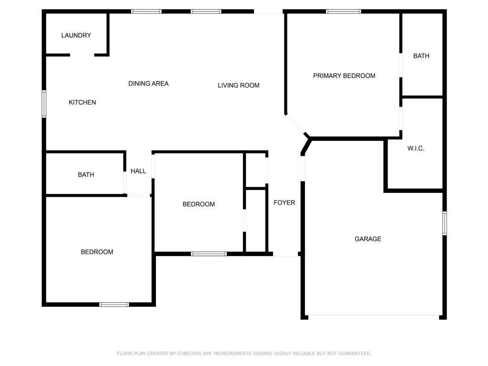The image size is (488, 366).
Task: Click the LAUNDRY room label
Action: click(x=76, y=35)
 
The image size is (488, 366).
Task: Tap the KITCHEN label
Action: click(x=82, y=102)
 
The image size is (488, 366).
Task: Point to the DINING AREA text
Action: click(x=148, y=83)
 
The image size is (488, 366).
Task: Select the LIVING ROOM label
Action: click(x=239, y=85)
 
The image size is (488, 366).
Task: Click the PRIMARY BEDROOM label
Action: click(x=344, y=76)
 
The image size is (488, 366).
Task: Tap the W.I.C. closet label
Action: click(x=416, y=148)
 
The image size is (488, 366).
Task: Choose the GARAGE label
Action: click(x=368, y=239)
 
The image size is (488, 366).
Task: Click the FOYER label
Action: click(x=284, y=203)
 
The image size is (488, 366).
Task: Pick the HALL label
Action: click(x=138, y=171)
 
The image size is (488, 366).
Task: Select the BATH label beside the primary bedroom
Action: click(x=421, y=56)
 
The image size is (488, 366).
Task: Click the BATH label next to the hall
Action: click(x=86, y=175)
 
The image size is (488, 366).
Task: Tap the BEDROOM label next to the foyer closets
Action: click(x=199, y=204)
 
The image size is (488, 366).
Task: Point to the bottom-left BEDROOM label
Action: click(x=97, y=252)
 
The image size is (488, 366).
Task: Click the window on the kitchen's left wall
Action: click(x=44, y=104)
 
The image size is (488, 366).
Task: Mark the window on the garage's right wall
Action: click(x=444, y=224)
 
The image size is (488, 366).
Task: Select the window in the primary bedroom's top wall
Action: click(x=344, y=11)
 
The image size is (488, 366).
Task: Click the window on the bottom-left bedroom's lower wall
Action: click(x=114, y=304)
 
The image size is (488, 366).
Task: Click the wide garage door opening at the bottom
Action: click(x=374, y=315)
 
